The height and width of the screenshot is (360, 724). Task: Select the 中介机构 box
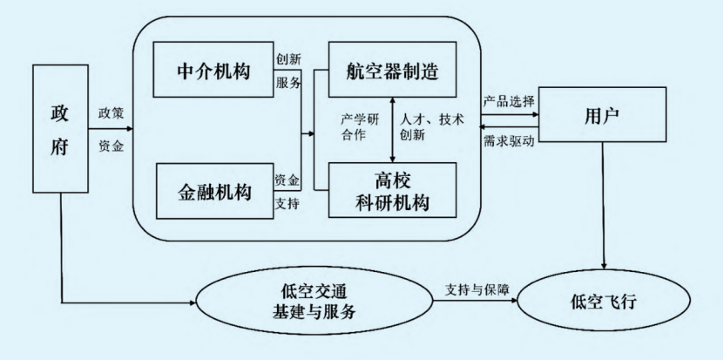(213, 71)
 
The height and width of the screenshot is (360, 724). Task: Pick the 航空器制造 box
(393, 71)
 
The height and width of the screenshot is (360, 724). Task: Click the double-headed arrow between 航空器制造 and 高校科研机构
(393, 129)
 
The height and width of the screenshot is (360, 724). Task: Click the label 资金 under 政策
(112, 146)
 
